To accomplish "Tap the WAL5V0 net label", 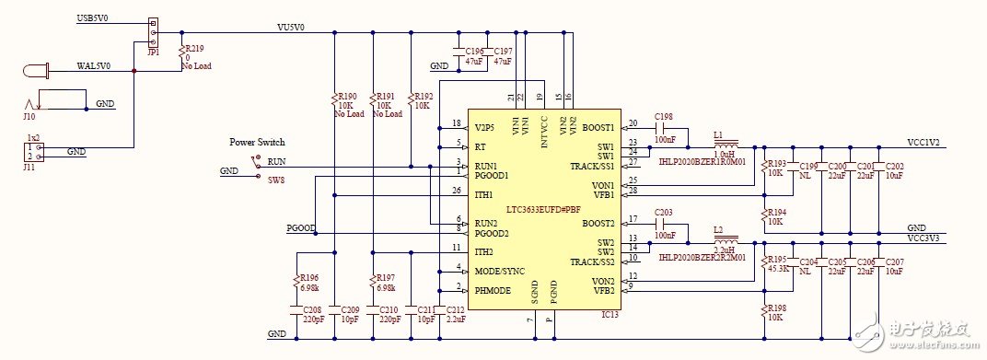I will pyautogui.click(x=94, y=66).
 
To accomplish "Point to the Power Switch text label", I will pyautogui.click(x=257, y=142).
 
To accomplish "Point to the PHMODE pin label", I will pyautogui.click(x=493, y=291).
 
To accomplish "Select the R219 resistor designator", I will pyautogui.click(x=195, y=47).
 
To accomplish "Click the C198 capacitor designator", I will pyautogui.click(x=665, y=117).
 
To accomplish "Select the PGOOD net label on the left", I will pyautogui.click(x=301, y=227).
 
